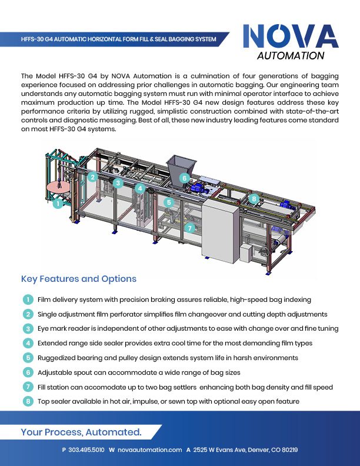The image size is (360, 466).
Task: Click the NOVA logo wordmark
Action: tap(291, 36)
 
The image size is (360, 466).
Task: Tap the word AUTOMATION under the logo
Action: tap(291, 55)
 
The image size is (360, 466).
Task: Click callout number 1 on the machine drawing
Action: tap(58, 203)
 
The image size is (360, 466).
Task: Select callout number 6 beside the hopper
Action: tap(185, 178)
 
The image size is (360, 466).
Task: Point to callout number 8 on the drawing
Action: tap(254, 199)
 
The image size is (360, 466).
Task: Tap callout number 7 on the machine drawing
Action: tap(190, 228)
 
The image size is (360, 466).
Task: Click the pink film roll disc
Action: tap(58, 187)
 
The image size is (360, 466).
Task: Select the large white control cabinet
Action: tap(220, 231)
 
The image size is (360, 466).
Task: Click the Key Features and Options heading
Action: tap(79, 279)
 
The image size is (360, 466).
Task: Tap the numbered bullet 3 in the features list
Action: tap(28, 328)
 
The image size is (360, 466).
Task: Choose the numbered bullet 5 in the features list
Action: tap(28, 358)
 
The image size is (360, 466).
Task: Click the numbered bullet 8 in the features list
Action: tap(28, 401)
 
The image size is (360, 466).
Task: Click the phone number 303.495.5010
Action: tap(86, 450)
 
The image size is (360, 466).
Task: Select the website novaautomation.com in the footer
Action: tap(149, 450)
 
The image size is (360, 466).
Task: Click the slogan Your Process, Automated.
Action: tap(81, 432)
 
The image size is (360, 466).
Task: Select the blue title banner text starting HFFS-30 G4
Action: tap(118, 39)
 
